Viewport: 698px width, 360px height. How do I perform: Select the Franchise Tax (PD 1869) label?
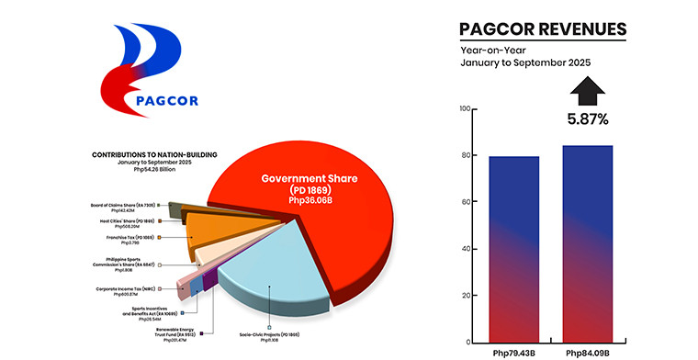130,239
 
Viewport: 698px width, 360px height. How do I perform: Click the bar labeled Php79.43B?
512,248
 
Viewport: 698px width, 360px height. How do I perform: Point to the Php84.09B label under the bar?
587,352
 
